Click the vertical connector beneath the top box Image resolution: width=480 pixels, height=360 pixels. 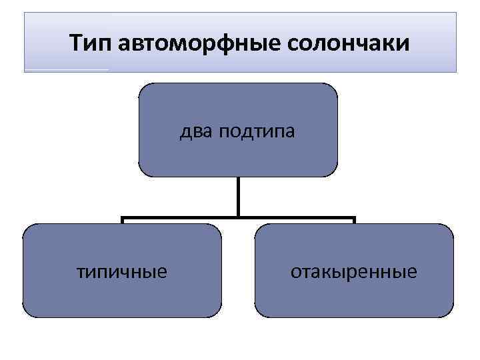pyautogui.click(x=238, y=196)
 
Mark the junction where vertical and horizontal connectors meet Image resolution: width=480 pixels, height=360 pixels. pyautogui.click(x=238, y=217)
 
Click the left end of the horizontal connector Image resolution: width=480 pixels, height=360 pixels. pyautogui.click(x=123, y=218)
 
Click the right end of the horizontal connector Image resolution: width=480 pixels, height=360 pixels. pyautogui.click(x=354, y=218)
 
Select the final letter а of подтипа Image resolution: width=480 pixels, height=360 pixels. pyautogui.click(x=289, y=133)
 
